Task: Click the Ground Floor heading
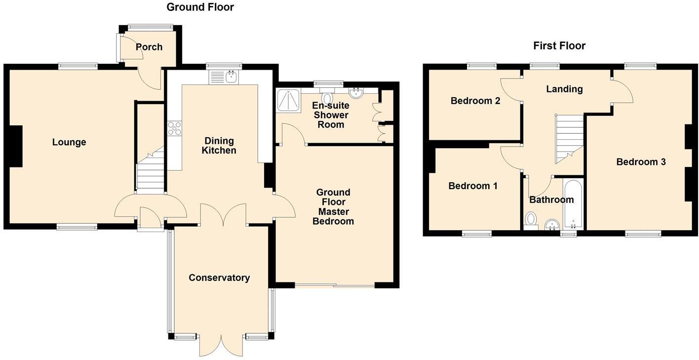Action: (x=200, y=7)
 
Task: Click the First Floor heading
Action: (x=559, y=46)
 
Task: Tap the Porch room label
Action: (x=149, y=47)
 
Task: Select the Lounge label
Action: (x=69, y=142)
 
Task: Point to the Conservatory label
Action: (x=219, y=278)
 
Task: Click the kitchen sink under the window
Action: (x=224, y=77)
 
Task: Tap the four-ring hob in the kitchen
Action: (x=174, y=128)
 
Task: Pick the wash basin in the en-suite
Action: (x=355, y=93)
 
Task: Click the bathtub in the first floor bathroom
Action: (x=573, y=204)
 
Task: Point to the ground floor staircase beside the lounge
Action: (x=150, y=173)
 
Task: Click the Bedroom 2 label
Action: (x=475, y=101)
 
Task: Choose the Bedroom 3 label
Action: (x=641, y=161)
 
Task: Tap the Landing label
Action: (x=564, y=89)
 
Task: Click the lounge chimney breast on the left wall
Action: (x=16, y=146)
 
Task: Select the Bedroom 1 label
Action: (x=472, y=186)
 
